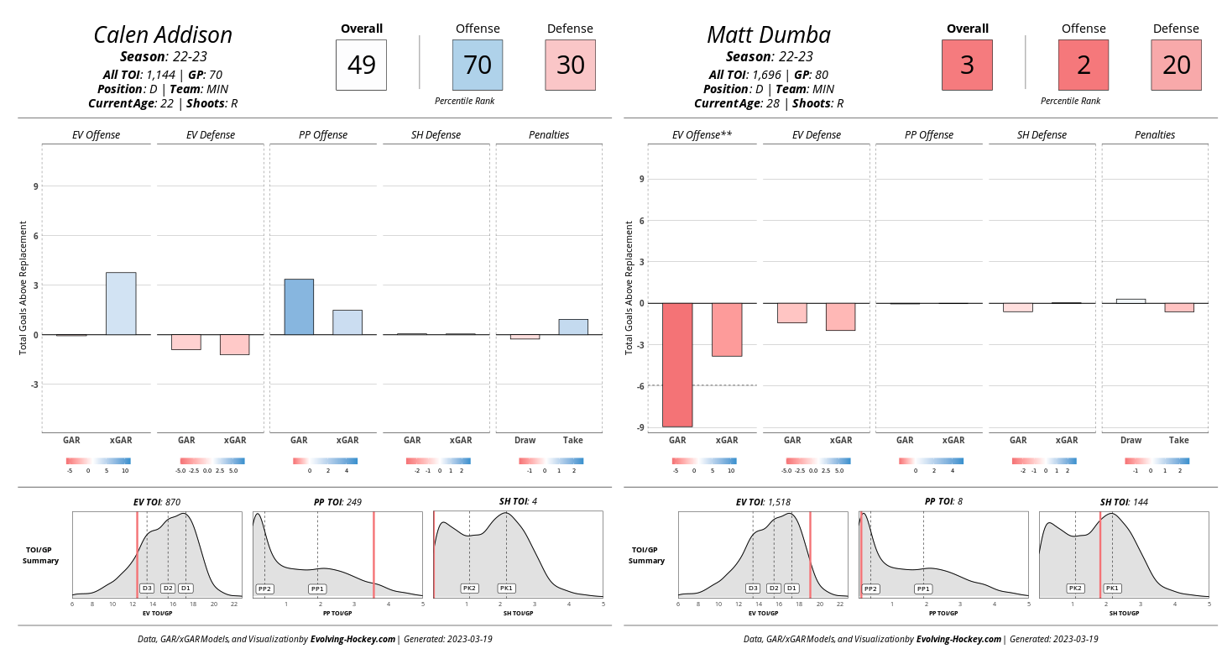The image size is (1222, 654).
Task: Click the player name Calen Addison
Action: point(163,35)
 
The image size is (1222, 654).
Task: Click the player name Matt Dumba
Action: point(769,35)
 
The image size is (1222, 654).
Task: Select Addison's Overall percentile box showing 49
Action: point(361,65)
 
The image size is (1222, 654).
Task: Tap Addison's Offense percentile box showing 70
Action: point(478,65)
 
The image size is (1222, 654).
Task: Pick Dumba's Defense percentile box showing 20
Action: point(1176,65)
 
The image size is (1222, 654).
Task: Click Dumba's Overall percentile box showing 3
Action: point(967,65)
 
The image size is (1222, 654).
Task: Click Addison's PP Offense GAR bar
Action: point(299,306)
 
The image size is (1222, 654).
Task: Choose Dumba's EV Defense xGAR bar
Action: point(840,317)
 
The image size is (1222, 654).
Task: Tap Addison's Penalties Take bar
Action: point(573,327)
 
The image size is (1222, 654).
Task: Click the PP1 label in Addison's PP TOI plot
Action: point(317,589)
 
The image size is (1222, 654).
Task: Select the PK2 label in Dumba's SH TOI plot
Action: point(1075,589)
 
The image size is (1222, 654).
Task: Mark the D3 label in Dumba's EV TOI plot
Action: point(753,589)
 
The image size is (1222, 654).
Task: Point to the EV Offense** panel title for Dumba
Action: point(702,135)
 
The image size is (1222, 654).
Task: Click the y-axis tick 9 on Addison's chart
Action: point(35,186)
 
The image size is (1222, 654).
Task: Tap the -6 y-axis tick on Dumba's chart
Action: point(640,385)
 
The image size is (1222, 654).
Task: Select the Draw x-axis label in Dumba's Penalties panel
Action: point(1131,440)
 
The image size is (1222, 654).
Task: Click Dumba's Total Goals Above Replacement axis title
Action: point(629,287)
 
